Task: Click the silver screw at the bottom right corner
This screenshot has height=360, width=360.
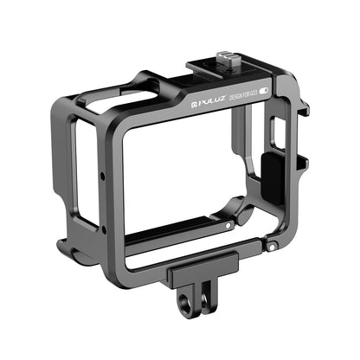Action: (272, 247)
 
